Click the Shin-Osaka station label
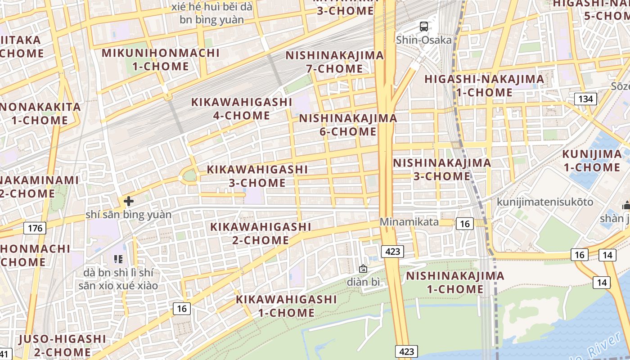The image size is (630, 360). click(x=424, y=40)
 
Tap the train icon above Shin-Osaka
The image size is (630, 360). click(x=424, y=27)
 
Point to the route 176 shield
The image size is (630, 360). click(x=35, y=228)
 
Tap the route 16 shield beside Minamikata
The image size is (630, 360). click(x=464, y=224)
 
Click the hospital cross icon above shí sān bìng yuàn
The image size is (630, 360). click(x=129, y=201)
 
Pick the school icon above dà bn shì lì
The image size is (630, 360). click(x=118, y=259)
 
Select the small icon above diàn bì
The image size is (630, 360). click(x=363, y=269)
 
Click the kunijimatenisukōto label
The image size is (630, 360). click(x=545, y=202)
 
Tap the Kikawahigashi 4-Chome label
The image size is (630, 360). click(x=242, y=108)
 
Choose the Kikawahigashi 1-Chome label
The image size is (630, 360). click(x=286, y=306)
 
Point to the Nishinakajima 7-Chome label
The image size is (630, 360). click(x=335, y=62)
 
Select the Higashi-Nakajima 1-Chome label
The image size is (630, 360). click(x=484, y=85)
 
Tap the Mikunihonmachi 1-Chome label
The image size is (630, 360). click(x=161, y=59)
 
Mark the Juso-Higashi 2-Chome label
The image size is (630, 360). click(x=63, y=345)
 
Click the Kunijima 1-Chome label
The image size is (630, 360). click(x=592, y=161)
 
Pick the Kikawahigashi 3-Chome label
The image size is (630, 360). click(x=257, y=176)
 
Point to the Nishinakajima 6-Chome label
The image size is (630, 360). click(x=348, y=125)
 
